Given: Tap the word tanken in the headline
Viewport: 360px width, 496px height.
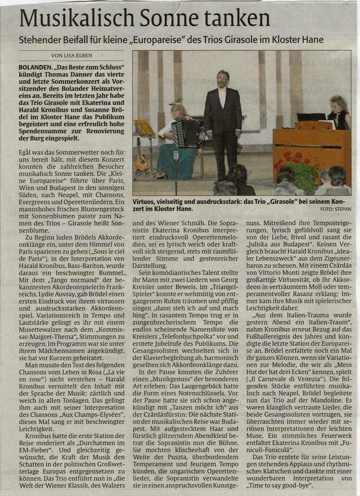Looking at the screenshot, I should coord(239,19).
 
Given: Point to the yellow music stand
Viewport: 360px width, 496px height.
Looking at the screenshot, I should coord(145,128).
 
